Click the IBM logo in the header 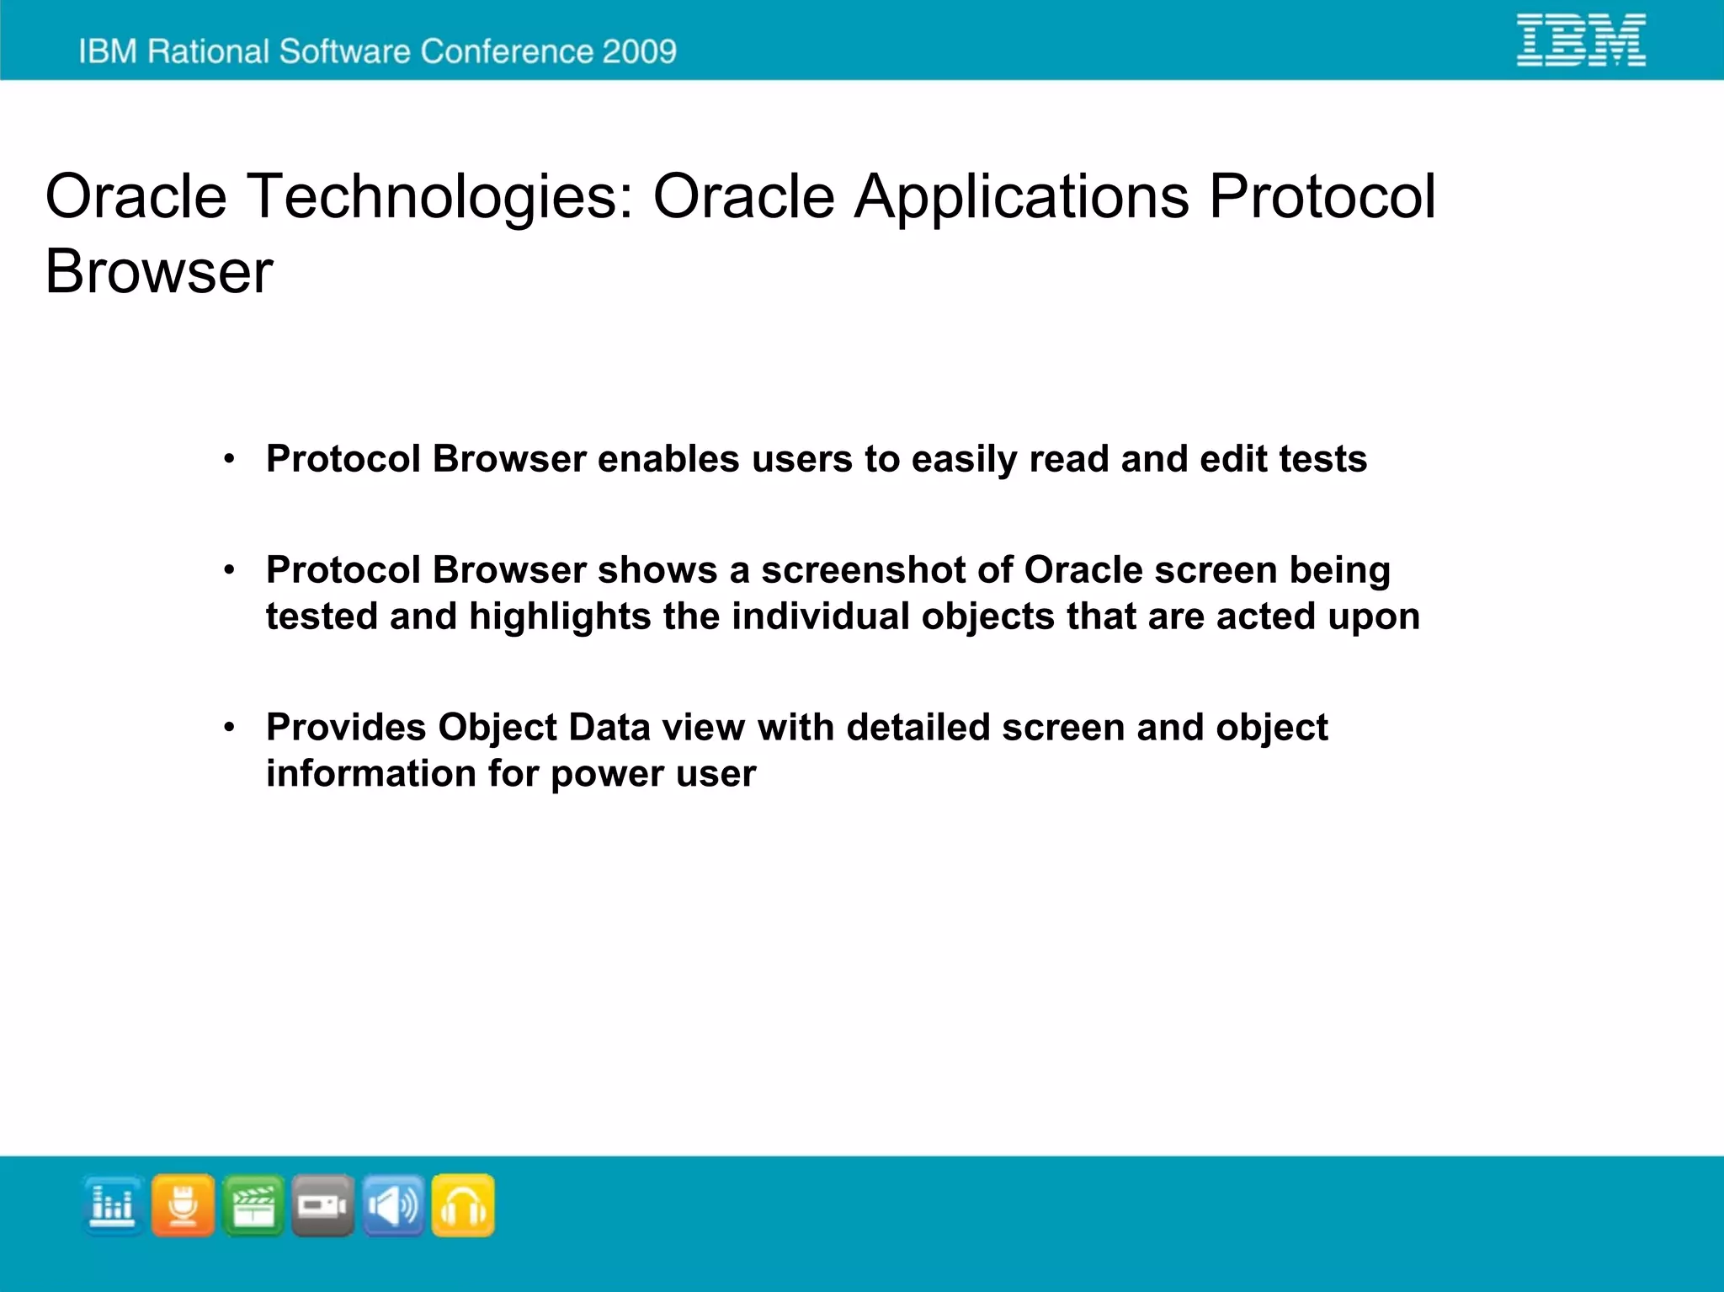pyautogui.click(x=1581, y=40)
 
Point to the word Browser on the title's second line pyautogui.click(x=158, y=272)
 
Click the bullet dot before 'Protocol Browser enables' pyautogui.click(x=229, y=459)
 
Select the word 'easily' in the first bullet pyautogui.click(x=964, y=460)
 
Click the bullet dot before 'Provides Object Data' pyautogui.click(x=229, y=727)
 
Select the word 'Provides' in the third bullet pyautogui.click(x=346, y=727)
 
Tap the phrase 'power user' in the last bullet pyautogui.click(x=652, y=774)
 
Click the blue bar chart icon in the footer pyautogui.click(x=113, y=1205)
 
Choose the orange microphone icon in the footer pyautogui.click(x=183, y=1205)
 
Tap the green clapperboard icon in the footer pyautogui.click(x=253, y=1205)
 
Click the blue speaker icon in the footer pyautogui.click(x=393, y=1205)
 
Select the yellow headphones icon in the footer pyautogui.click(x=463, y=1205)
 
